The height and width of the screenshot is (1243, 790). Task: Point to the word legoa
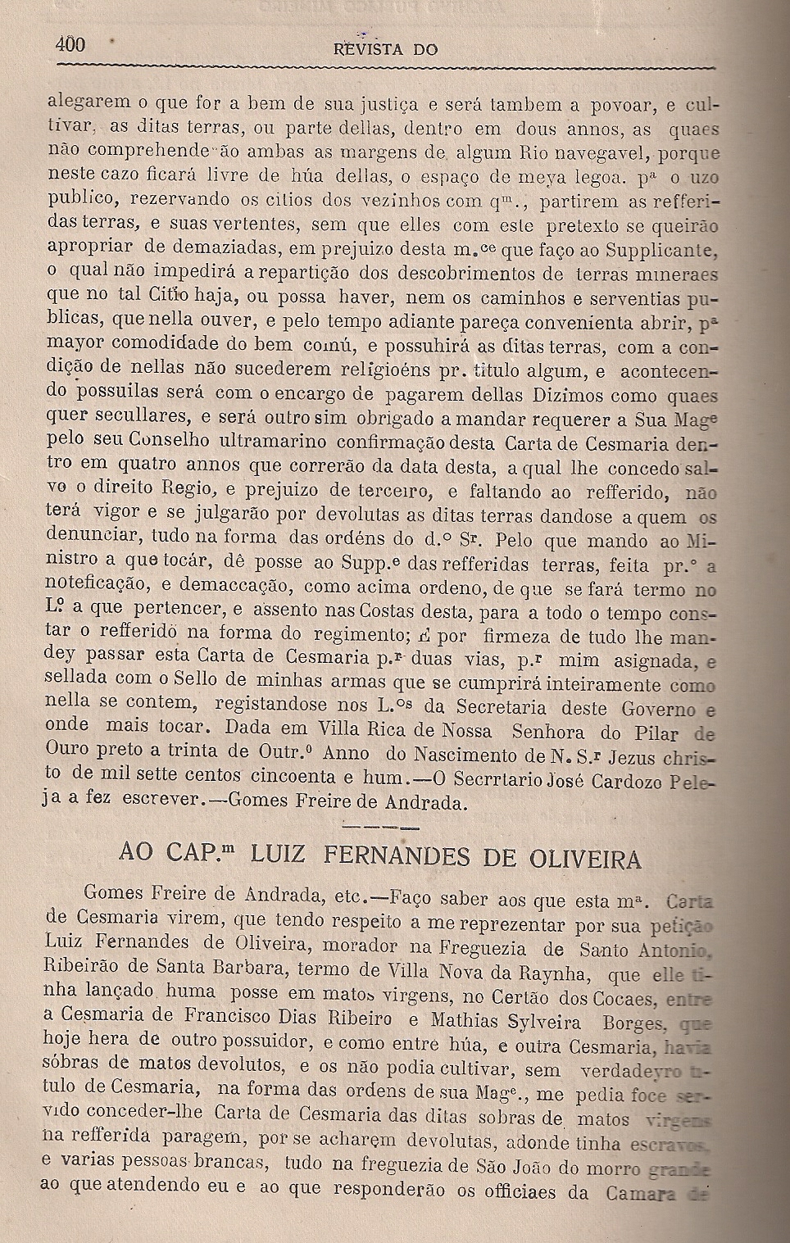585,176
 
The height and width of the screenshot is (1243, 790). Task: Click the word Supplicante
664,249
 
